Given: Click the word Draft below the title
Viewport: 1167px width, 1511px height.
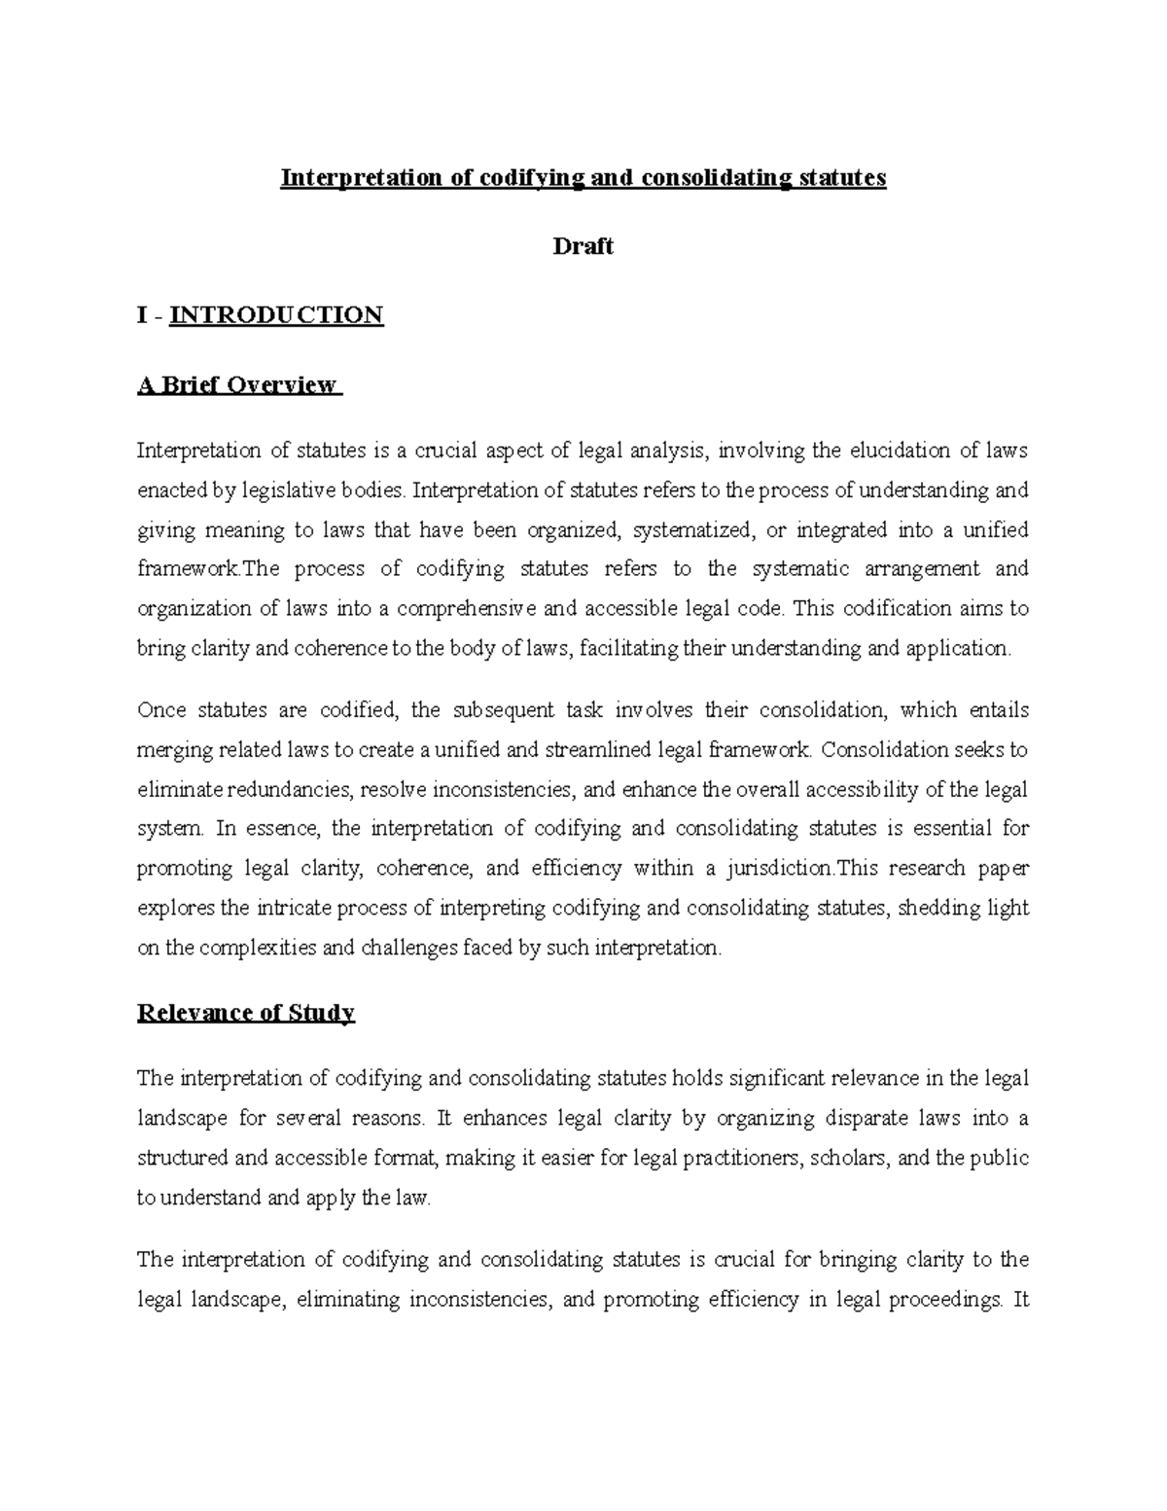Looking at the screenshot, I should [583, 247].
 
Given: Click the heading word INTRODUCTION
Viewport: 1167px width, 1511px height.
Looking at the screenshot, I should [276, 315].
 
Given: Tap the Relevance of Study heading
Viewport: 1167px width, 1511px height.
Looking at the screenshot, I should [245, 1013].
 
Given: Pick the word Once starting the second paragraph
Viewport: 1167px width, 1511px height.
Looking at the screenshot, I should [161, 710].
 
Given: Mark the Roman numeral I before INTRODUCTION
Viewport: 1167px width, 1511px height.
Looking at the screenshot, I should [143, 315].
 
